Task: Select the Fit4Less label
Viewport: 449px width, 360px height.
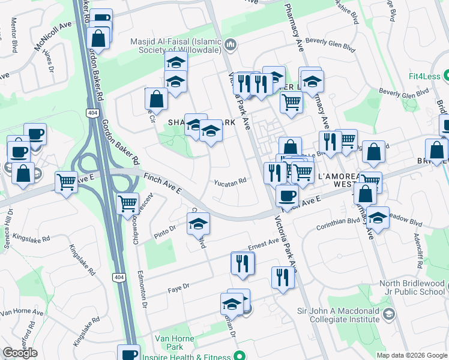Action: click(424, 76)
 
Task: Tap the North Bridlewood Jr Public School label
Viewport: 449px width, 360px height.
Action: click(412, 288)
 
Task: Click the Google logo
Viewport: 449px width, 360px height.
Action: click(20, 353)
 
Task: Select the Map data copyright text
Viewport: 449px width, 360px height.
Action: click(411, 355)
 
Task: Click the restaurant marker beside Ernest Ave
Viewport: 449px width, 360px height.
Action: click(243, 263)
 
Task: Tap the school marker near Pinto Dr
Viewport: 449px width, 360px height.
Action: click(198, 224)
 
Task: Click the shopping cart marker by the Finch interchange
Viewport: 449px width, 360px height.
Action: click(128, 204)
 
